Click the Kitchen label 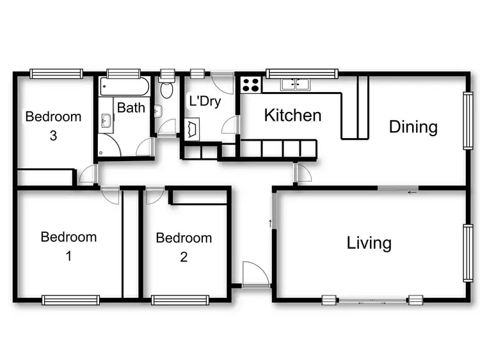point(292,116)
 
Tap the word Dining point(413,127)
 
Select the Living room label point(369,243)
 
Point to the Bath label point(131,107)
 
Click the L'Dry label point(204,101)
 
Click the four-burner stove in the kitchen point(250,84)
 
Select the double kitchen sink point(295,84)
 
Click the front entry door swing point(255,274)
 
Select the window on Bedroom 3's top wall point(56,74)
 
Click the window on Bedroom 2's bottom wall point(180,299)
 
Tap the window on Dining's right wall point(468,121)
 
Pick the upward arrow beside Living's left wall point(271,223)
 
